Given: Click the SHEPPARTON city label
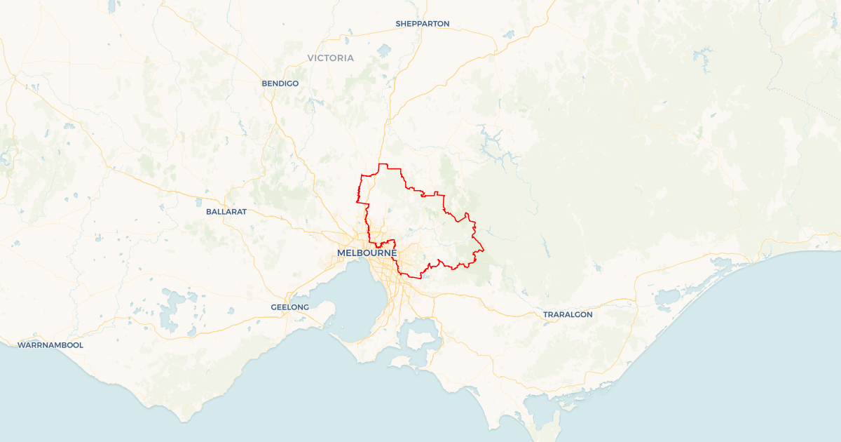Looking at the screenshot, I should click(422, 24).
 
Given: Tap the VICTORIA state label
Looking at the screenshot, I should click(331, 58).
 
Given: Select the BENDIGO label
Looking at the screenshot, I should click(280, 83).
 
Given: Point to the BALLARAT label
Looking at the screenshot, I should click(226, 211).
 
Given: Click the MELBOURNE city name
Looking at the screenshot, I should click(367, 253).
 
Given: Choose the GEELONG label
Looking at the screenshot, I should click(290, 307).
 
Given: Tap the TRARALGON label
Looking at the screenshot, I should click(568, 314).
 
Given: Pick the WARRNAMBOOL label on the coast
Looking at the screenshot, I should click(50, 345).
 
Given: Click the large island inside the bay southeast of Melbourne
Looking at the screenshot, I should click(420, 337).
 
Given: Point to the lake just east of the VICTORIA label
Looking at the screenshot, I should click(383, 51).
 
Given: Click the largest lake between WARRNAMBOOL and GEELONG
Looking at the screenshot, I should click(169, 313).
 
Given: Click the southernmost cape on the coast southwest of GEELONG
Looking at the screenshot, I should click(184, 420).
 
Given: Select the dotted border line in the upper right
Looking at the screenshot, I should click(806, 105).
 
